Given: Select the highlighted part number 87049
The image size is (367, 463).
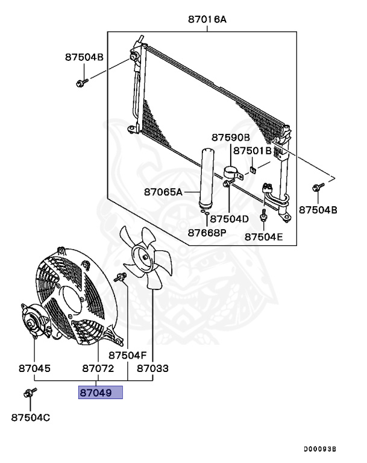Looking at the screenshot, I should point(100,393).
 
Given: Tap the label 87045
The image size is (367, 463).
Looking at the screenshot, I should point(34,368).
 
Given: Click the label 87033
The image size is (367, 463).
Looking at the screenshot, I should point(153,368).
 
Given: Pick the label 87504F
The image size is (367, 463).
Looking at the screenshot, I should point(128,356).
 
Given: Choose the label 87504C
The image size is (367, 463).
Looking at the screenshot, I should point(31,417).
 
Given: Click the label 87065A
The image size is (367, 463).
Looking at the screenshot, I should point(163,192).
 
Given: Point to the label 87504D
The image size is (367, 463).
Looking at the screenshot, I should point(245,218).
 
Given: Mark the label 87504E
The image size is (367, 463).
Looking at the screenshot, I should point(263,237).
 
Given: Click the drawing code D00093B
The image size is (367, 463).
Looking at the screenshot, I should point(319,449).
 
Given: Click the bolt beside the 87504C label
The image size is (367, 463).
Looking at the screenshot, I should point(28,394).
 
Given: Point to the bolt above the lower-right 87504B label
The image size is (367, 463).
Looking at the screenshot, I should point(316,189).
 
